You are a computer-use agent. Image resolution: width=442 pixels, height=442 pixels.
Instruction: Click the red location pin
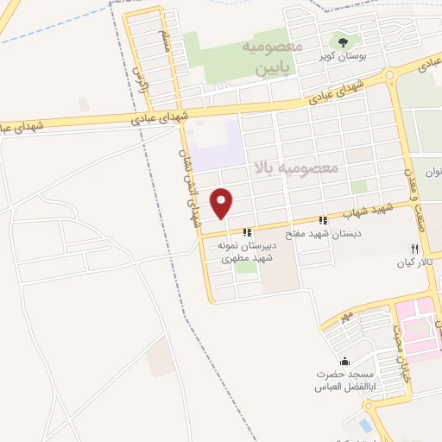tap(223, 203)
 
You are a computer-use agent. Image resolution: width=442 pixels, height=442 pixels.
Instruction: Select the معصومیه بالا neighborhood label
tap(294, 167)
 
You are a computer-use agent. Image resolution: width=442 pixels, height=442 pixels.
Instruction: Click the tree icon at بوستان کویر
tap(343, 41)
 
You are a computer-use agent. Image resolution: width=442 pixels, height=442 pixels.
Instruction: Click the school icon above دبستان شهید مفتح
tap(324, 220)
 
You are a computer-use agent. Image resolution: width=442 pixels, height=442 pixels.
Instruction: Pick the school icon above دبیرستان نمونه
tap(248, 232)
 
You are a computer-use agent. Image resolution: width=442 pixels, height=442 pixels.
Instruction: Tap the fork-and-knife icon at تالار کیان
tap(413, 248)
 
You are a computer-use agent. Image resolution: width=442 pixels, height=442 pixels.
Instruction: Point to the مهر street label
tap(345, 318)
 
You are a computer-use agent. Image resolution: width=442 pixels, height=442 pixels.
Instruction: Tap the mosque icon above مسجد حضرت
tap(345, 362)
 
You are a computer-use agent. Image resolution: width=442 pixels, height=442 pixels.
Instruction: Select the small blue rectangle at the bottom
tap(366, 426)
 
